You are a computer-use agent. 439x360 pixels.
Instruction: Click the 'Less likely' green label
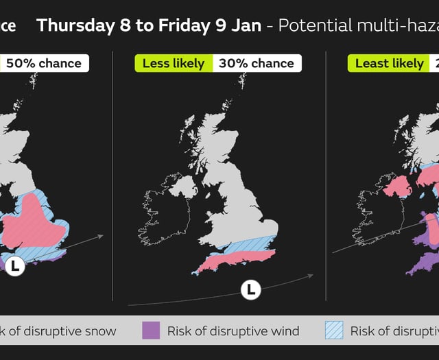(x=174, y=63)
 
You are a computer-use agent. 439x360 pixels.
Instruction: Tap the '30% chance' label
(x=257, y=63)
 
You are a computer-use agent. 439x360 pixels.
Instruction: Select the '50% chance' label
(x=44, y=63)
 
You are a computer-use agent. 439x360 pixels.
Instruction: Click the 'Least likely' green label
(x=390, y=63)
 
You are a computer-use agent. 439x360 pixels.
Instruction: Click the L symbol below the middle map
(x=251, y=290)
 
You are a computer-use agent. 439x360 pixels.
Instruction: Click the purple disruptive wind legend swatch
(x=151, y=331)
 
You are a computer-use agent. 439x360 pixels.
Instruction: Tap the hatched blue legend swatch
(x=333, y=331)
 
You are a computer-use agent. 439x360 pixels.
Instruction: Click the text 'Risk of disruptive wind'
(x=233, y=331)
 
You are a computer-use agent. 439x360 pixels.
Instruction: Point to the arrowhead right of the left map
(x=101, y=237)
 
